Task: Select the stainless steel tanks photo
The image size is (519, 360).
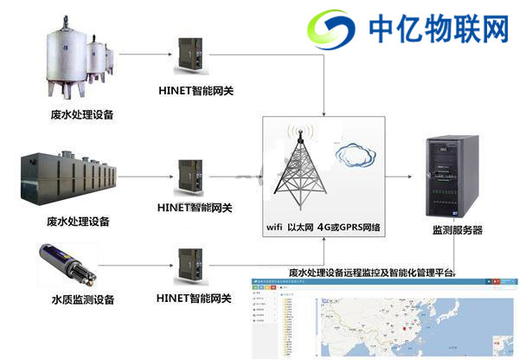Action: point(80,60)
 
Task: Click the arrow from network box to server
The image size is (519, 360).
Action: point(399,176)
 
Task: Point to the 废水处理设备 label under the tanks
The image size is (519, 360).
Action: point(82,114)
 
